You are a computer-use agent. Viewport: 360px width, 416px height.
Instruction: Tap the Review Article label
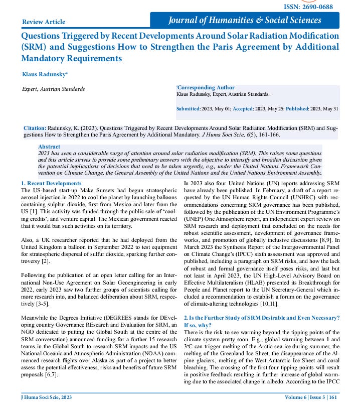44,22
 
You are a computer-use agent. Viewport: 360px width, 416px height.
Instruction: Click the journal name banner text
245,21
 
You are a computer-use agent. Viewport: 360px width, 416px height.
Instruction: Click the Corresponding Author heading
205,88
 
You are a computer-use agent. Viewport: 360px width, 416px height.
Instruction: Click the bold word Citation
35,128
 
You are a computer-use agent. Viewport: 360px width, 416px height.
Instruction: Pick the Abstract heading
49,147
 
